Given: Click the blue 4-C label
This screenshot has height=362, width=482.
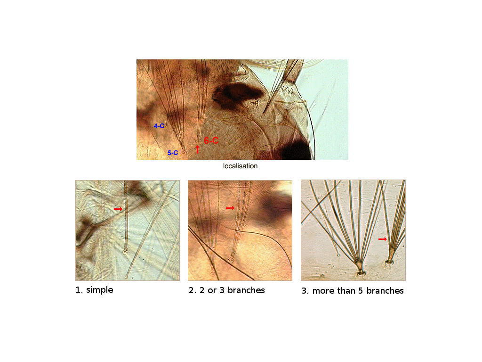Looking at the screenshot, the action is (159, 125).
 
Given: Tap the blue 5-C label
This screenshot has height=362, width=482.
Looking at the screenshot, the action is (173, 153).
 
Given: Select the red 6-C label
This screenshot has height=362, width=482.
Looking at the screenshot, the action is (211, 140).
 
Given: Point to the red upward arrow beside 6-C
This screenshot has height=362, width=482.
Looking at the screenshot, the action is (197, 149).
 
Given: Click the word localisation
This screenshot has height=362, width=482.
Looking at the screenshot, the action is (241, 166).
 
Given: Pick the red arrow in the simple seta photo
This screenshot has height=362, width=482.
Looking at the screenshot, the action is (118, 209).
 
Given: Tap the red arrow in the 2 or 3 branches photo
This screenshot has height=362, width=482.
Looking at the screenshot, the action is (230, 208).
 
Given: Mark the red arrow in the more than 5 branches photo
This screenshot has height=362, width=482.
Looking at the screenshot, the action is (382, 239).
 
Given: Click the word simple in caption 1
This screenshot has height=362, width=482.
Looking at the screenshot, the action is (100, 290).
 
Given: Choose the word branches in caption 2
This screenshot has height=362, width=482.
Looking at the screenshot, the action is (246, 290).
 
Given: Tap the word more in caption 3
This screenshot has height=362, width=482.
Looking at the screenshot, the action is (324, 291).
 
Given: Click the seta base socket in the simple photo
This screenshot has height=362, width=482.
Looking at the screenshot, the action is (125, 251).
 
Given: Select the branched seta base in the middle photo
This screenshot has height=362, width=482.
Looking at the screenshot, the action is (231, 260).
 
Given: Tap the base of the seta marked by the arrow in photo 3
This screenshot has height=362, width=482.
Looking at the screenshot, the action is (389, 262).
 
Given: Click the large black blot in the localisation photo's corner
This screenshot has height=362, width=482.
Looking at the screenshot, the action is (296, 151).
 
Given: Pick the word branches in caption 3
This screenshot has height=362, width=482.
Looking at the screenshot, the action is (385, 291).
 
